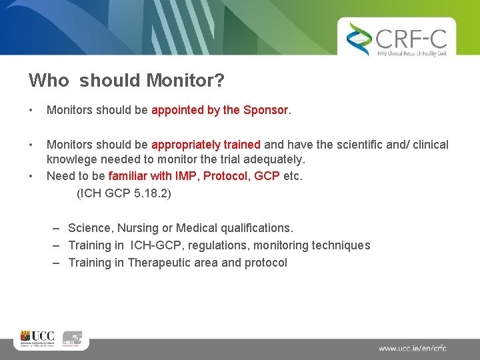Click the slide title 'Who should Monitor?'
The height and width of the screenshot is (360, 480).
(126, 81)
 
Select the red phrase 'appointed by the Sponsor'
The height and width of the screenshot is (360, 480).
(220, 110)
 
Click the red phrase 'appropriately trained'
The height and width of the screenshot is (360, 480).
(206, 145)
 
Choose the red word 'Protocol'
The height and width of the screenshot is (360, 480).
(225, 177)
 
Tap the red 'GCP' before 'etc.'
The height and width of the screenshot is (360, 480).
(267, 177)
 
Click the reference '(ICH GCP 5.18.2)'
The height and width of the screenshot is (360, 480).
(124, 193)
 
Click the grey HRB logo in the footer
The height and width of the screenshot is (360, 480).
(72, 339)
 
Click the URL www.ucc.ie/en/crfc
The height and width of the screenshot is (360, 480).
(413, 348)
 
